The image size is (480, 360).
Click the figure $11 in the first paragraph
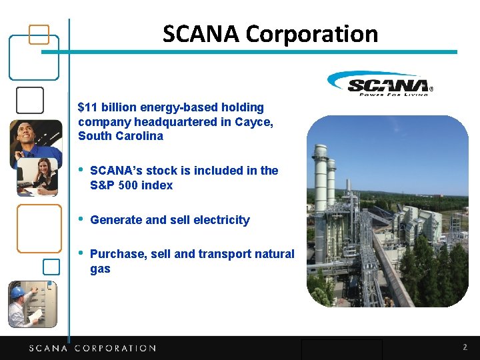coord(87,107)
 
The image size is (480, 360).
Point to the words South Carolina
coord(120,137)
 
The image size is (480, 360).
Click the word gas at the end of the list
coord(100,269)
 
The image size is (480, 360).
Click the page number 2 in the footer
coord(465,347)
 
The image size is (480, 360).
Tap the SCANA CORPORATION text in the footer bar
coord(92,348)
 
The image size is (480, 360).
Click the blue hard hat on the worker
coord(17,292)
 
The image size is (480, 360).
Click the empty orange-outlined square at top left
coord(40,34)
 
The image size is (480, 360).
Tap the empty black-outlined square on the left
coord(29,100)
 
